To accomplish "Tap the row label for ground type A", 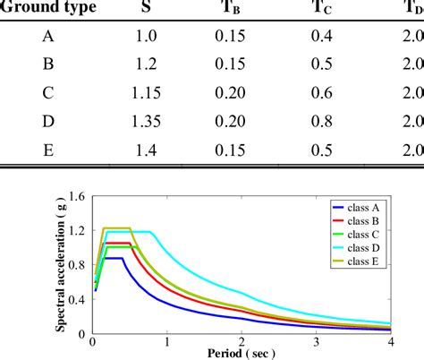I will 47,37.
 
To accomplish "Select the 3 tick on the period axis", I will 316,341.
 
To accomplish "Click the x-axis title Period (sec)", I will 241,353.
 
